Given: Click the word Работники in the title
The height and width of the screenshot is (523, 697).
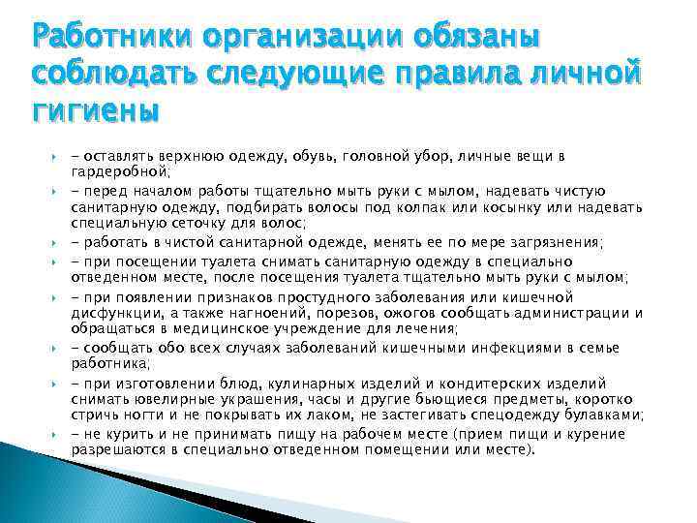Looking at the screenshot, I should coord(106,39).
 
